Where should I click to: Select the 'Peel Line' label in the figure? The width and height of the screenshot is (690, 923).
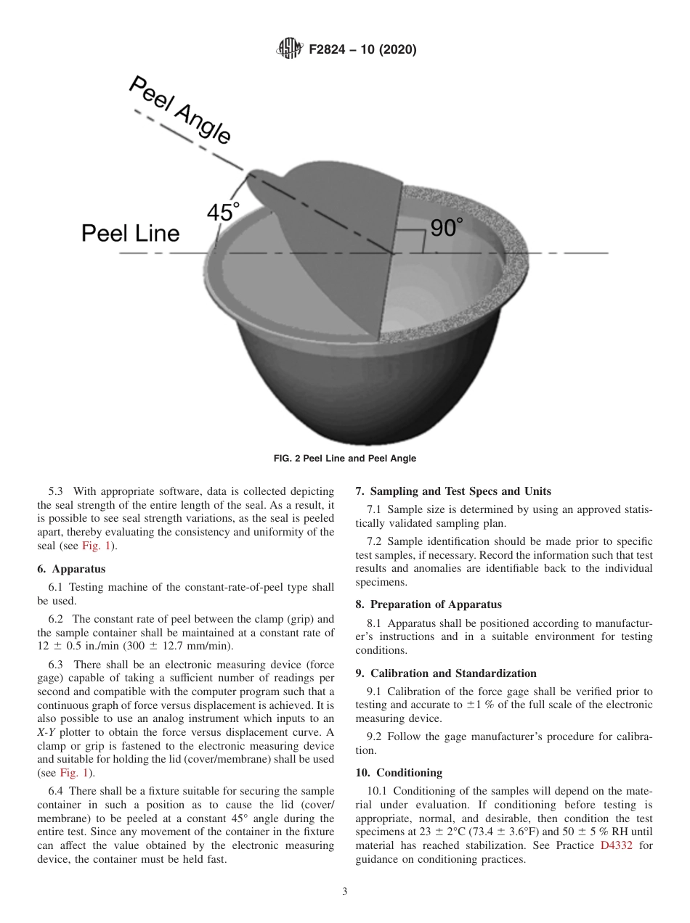(130, 233)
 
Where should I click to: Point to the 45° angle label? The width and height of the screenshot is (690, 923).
(223, 212)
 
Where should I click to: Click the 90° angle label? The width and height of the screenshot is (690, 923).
(446, 228)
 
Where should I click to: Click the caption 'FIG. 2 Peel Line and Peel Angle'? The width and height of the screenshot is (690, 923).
(344, 459)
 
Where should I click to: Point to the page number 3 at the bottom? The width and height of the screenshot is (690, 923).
(345, 892)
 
